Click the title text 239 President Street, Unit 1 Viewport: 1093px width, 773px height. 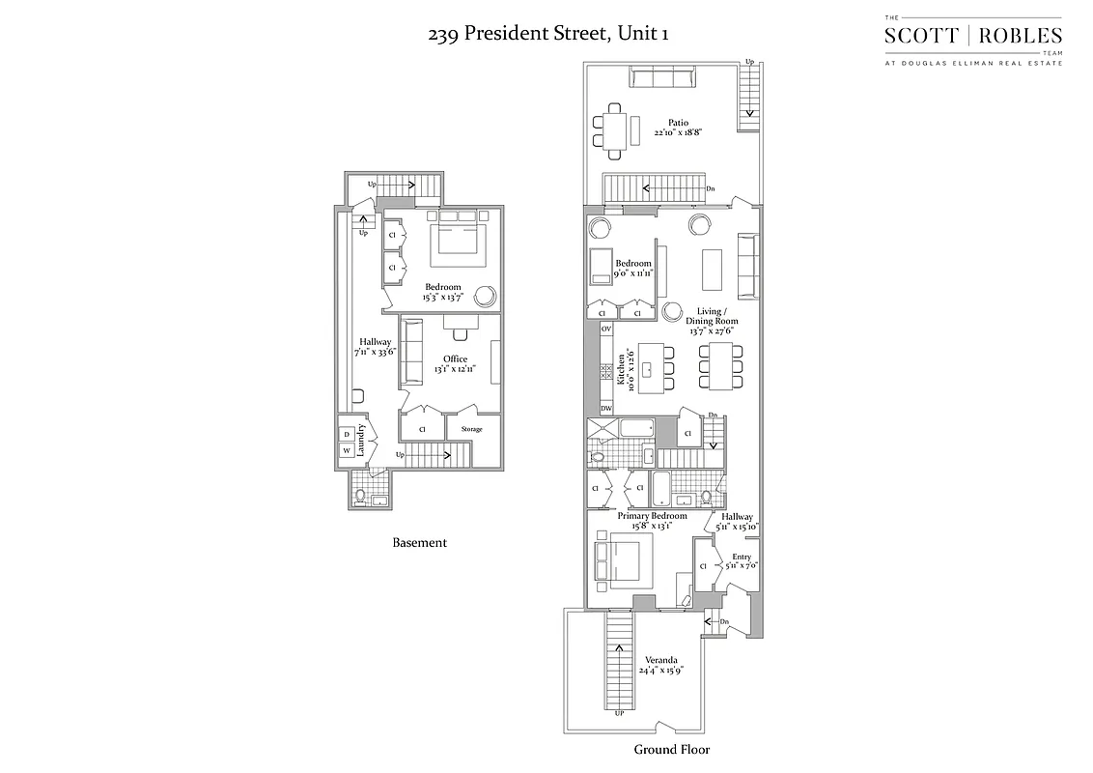tap(548, 34)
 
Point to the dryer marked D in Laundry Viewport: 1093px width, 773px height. tap(347, 434)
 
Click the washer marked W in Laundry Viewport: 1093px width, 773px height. tap(347, 450)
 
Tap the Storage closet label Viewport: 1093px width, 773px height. tap(471, 429)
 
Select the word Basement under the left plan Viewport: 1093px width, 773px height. tap(419, 543)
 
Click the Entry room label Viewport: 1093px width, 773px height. tap(741, 558)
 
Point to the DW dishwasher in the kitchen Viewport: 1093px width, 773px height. tap(606, 409)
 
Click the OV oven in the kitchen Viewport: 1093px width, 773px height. tap(606, 329)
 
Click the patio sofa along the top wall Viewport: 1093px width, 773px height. tap(661, 77)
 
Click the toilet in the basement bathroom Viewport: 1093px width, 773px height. tap(361, 496)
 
